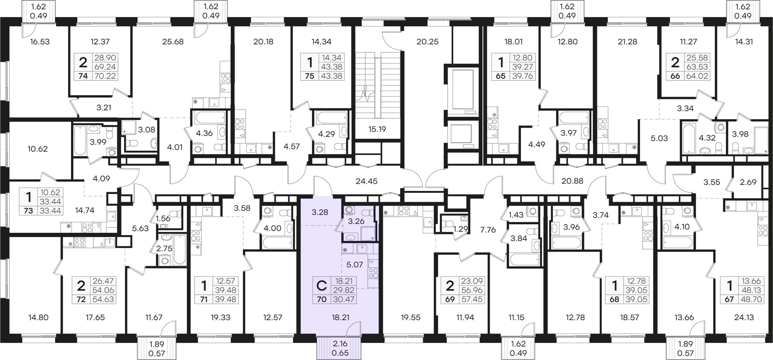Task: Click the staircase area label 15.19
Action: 377,129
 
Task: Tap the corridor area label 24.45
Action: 366,181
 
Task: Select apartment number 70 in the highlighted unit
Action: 321,299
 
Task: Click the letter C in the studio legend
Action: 321,286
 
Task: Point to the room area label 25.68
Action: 173,41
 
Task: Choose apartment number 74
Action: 83,76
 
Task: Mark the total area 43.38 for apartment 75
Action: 331,76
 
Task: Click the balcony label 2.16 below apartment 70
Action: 340,344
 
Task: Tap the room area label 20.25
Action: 428,41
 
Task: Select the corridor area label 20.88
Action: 572,181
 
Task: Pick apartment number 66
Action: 675,76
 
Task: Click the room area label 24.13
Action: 744,317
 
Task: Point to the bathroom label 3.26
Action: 356,221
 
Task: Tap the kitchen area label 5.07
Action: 355,265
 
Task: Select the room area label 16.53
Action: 40,41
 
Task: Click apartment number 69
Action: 450,299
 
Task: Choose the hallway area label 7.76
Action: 488,230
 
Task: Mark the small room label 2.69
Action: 748,182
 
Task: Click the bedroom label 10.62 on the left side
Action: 37,149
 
